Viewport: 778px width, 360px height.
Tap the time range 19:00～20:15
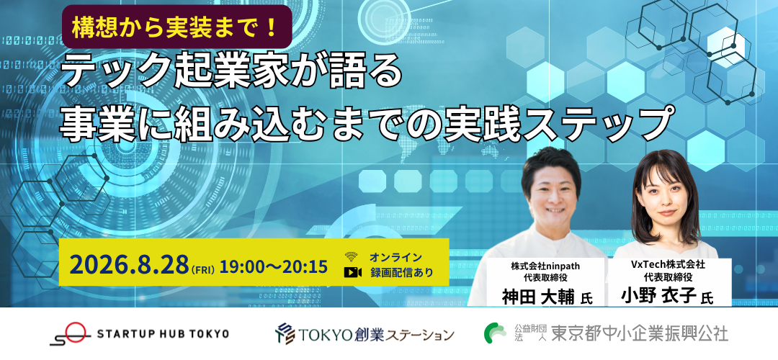coord(274,267)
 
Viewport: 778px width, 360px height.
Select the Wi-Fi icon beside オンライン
coord(352,257)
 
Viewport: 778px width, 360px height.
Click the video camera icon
coord(353,272)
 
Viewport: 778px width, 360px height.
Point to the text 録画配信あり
coord(402,272)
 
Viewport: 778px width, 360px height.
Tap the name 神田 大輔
coord(538,297)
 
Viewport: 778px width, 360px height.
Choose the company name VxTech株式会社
coord(668,265)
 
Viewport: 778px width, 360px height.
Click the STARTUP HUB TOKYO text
coord(163,333)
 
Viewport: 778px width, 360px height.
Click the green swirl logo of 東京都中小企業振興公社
coord(495,333)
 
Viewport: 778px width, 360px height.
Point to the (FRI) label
coord(202,270)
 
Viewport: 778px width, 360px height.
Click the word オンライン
coord(395,257)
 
